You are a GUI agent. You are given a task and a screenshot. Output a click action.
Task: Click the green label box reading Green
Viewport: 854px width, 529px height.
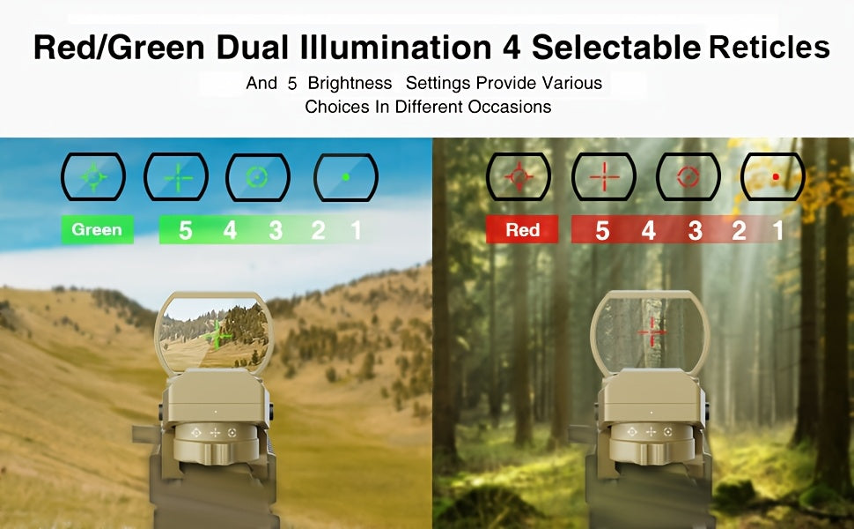tap(98, 229)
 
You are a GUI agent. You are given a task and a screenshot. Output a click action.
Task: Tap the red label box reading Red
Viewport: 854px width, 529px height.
tap(522, 229)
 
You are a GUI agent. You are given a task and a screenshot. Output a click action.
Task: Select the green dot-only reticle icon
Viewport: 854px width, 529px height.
tap(346, 177)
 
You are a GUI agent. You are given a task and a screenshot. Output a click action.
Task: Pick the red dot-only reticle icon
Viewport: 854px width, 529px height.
tap(773, 176)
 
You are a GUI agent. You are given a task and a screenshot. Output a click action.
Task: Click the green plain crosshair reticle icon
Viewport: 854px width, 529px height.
tap(176, 176)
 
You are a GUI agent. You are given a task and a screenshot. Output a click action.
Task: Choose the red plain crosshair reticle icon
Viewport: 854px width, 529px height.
tap(604, 176)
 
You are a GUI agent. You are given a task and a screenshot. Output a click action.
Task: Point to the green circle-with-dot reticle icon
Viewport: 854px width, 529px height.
tap(258, 177)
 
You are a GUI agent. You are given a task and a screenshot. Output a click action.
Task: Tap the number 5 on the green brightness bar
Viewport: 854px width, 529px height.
tap(185, 230)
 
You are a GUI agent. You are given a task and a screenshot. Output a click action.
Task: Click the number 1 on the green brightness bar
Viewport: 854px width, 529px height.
tap(356, 230)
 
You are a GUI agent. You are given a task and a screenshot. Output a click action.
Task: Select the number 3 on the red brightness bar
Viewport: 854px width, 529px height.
tap(695, 230)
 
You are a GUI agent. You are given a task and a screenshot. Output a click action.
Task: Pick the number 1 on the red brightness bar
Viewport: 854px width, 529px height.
tap(777, 230)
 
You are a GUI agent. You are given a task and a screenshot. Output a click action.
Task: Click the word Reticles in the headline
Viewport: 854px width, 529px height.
tap(769, 47)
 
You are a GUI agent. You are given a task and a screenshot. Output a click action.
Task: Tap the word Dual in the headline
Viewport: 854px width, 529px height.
tap(252, 48)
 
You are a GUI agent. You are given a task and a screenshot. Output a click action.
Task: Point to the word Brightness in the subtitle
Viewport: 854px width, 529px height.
tap(350, 83)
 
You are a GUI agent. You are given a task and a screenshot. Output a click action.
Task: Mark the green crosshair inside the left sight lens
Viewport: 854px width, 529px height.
tap(217, 334)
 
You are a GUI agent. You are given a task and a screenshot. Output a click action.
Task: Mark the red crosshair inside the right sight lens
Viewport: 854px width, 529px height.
tap(652, 332)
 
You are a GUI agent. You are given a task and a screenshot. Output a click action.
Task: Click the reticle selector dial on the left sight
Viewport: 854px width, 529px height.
tap(215, 443)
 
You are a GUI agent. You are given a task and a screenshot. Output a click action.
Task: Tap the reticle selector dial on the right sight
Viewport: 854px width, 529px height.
tap(651, 443)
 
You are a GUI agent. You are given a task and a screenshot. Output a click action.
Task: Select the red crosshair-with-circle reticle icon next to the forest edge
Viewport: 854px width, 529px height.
tap(518, 176)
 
